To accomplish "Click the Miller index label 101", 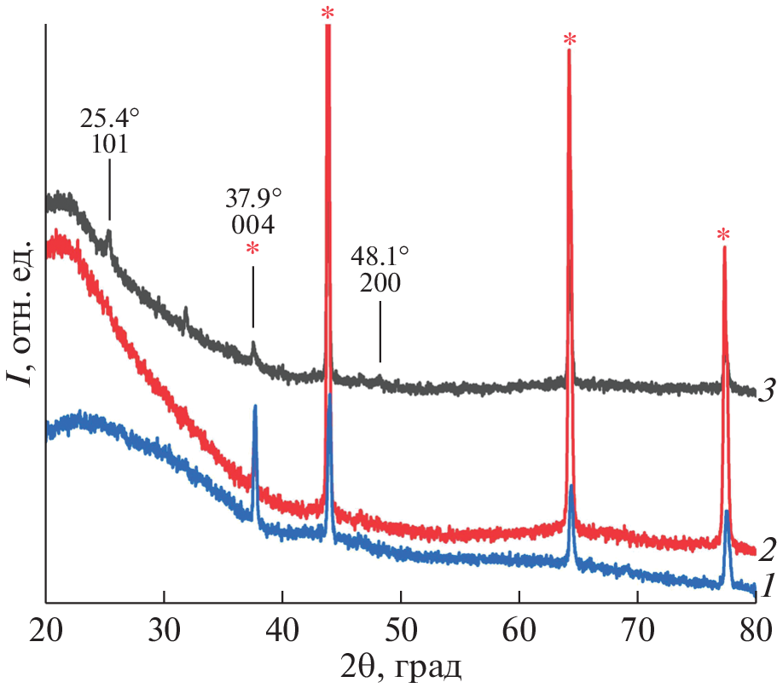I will (x=109, y=144).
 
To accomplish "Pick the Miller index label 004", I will (x=252, y=225).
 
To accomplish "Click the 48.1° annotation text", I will (x=380, y=257).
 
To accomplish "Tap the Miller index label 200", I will (x=380, y=283).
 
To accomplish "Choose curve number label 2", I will (x=765, y=550).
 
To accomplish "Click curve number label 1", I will (x=766, y=587).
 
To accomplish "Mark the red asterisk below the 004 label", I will (x=252, y=251).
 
